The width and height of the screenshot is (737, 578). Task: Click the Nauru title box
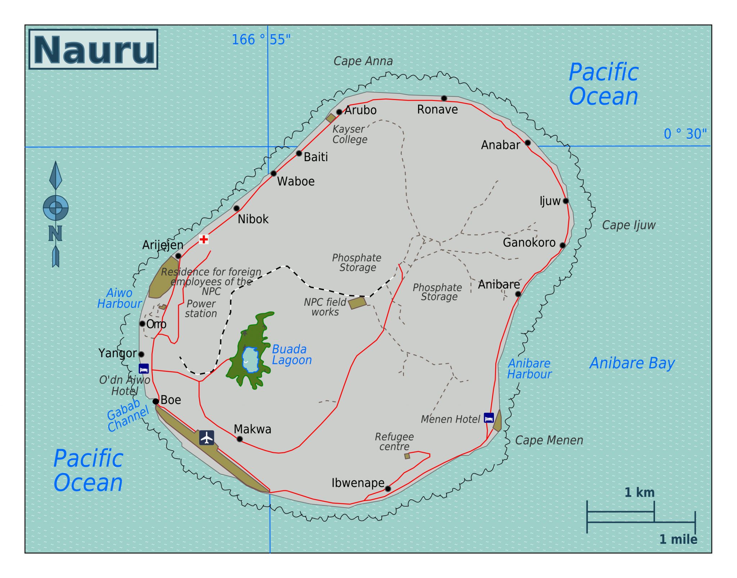point(93,49)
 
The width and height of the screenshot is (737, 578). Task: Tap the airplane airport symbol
point(207,438)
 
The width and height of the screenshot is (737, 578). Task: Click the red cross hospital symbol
point(204,239)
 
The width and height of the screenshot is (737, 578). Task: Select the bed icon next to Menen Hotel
point(488,418)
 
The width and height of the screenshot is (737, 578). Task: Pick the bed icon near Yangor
point(144,369)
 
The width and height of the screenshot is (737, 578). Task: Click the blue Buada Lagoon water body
point(250,360)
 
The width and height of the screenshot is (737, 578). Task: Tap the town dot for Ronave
point(444,98)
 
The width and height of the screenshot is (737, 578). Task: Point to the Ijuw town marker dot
point(566,201)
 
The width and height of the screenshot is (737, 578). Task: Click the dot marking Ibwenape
point(388,488)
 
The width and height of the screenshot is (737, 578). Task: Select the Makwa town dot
point(240,439)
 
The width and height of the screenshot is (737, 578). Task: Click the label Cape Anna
point(363,61)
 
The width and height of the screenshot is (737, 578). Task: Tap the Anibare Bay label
point(632,363)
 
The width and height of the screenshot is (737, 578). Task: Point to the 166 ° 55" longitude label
point(261,40)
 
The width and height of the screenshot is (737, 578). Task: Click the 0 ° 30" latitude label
point(685,134)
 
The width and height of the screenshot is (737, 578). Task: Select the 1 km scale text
point(639,492)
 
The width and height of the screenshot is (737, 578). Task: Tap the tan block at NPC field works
point(357,302)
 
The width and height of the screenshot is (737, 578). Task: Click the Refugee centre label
point(394,442)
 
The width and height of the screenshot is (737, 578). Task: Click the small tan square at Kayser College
point(330,118)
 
